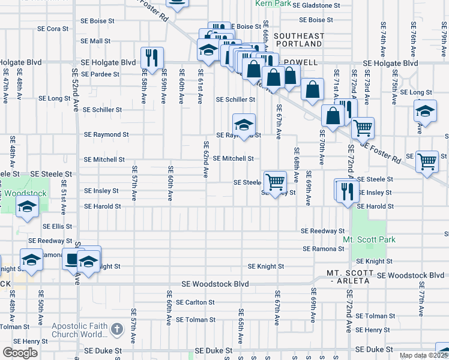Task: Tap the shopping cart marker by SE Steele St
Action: pos(274,181)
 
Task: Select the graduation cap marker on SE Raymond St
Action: pos(244,125)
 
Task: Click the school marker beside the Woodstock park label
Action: pos(27,207)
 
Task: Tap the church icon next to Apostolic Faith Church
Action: pos(117,329)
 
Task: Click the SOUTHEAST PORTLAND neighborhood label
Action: pos(298,40)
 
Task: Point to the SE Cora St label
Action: pos(53,28)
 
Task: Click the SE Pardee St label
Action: pos(100,74)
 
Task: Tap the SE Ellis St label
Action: pos(58,227)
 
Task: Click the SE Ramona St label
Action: pos(323,248)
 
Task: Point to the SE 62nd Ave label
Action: pos(205,159)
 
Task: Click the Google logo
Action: pos(20,353)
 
